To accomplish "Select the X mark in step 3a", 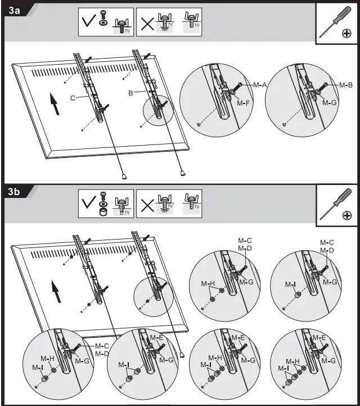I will click(x=146, y=22).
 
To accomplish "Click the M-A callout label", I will click(x=259, y=85).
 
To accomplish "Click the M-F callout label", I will click(x=244, y=103).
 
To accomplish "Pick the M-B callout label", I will click(x=345, y=85).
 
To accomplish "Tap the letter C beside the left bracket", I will click(x=73, y=97).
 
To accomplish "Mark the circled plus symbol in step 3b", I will click(x=347, y=216).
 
